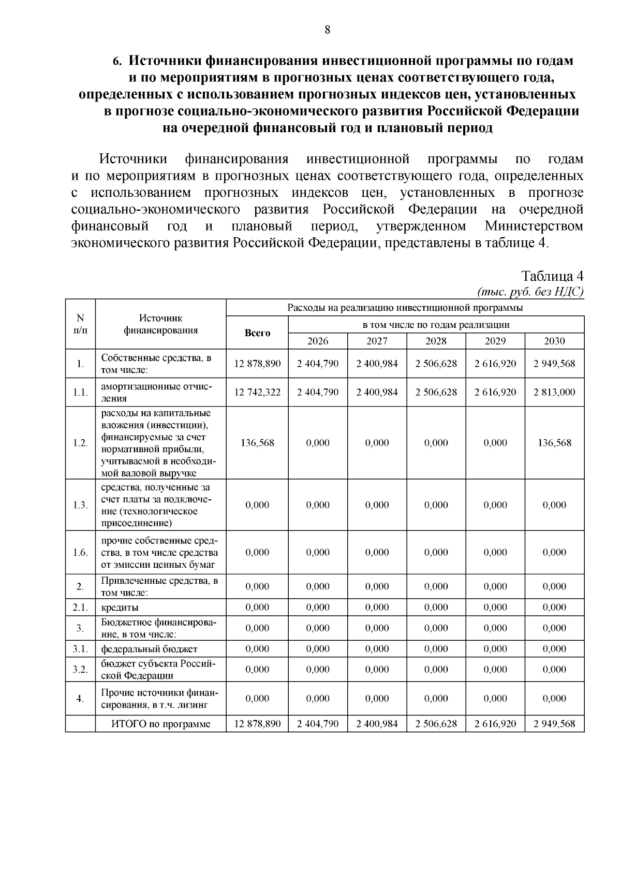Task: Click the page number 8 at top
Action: coord(327,30)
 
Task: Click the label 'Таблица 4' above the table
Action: coord(552,276)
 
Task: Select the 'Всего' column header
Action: coord(257,333)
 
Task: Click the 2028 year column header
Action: coord(436,341)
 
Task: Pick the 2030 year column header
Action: coord(554,341)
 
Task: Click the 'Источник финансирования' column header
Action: coord(160,324)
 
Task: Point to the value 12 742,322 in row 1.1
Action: coord(257,392)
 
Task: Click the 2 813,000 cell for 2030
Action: coord(554,392)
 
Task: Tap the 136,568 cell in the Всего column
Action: coord(257,443)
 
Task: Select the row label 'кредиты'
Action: coord(120,608)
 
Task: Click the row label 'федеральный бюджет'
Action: coord(149,649)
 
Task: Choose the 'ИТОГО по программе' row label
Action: coord(161,724)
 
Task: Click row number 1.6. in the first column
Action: coord(80,552)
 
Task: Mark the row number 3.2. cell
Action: coord(80,669)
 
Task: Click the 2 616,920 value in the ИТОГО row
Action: coord(495,724)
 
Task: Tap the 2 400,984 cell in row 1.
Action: coord(377,364)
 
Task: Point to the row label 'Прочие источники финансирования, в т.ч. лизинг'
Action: coord(159,699)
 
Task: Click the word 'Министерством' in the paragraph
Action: coord(534,226)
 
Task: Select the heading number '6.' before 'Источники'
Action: coord(117,61)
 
